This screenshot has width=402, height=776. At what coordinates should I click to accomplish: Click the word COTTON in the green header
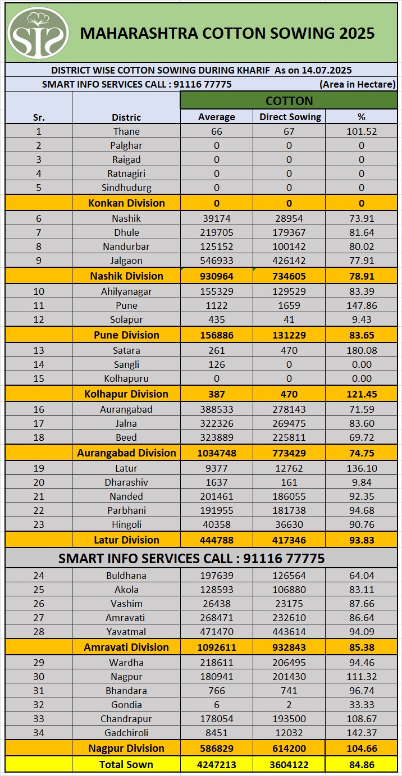289,101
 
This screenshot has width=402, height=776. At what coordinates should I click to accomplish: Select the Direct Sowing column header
290,117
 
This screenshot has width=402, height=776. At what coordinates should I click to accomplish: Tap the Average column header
217,117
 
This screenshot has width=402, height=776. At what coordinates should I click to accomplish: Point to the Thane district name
126,131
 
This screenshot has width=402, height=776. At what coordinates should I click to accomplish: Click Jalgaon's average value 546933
217,261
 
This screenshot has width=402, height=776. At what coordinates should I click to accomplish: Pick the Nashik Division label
126,276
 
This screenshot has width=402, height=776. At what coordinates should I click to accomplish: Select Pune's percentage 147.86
362,305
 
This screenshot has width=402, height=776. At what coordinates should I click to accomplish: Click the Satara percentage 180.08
362,350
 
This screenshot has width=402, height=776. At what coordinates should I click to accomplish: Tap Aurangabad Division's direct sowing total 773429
290,453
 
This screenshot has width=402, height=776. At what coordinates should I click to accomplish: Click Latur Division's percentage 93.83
362,540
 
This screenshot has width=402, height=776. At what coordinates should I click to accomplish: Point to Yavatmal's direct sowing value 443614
290,632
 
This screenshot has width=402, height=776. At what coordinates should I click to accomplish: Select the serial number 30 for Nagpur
39,677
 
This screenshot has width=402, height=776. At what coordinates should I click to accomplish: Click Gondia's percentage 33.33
362,705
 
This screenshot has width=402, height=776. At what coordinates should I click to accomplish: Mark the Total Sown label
126,764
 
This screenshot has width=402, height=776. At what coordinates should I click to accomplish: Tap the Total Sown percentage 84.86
362,764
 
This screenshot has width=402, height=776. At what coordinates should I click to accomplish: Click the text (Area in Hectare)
358,84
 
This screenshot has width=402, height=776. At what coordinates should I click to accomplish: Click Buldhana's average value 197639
217,576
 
